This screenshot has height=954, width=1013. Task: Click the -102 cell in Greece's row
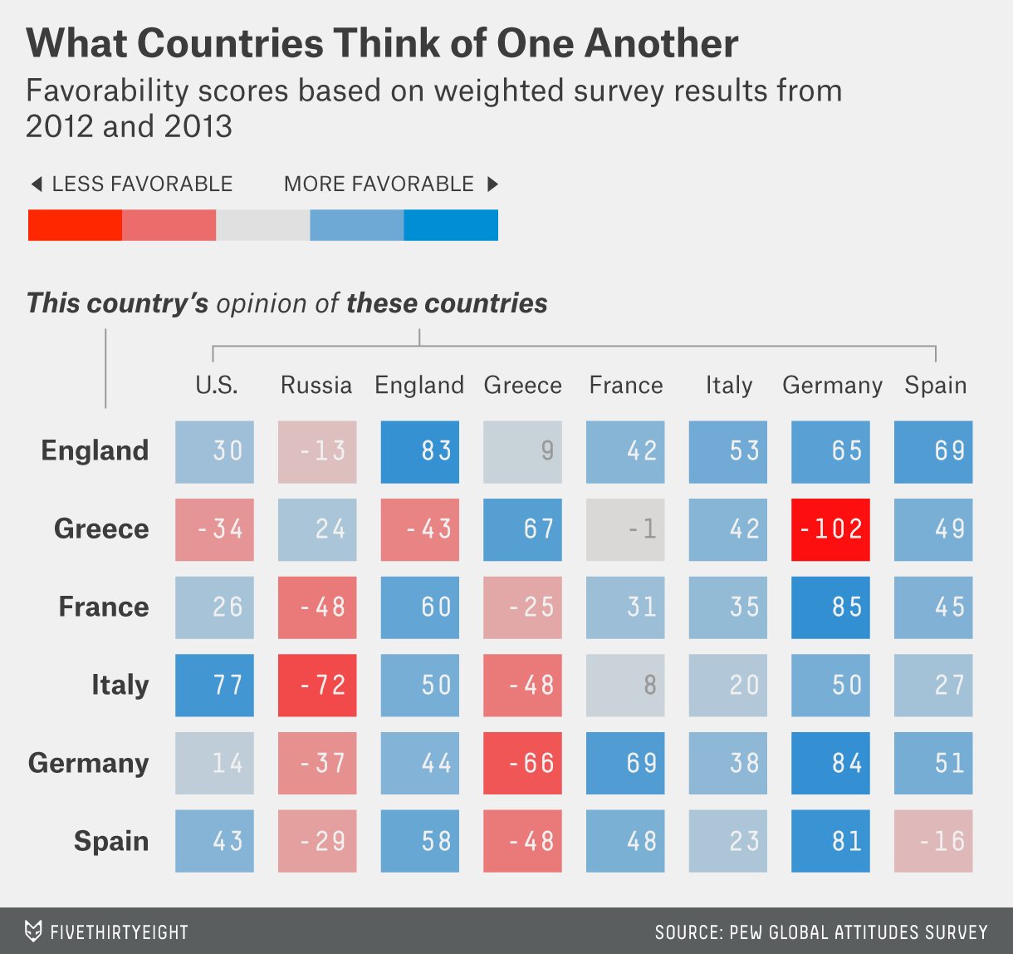[x=830, y=529]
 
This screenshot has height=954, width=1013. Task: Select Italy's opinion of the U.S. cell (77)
[x=214, y=685]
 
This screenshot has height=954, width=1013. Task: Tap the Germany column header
[x=832, y=386]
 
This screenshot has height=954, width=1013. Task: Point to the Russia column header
[x=316, y=386]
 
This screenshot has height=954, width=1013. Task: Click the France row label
[x=104, y=607]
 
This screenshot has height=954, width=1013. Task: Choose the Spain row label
[x=111, y=841]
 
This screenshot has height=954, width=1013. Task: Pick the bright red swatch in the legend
[x=75, y=225]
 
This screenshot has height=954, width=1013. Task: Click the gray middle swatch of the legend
[x=262, y=225]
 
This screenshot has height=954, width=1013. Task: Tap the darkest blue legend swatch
[x=451, y=225]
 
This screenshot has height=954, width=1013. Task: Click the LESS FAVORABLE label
[x=142, y=184]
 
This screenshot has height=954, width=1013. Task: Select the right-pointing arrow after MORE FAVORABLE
[x=492, y=184]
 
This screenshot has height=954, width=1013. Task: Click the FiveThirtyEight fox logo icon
[x=33, y=932]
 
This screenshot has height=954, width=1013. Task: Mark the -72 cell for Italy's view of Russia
[x=317, y=685]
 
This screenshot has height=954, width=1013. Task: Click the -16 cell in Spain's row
[x=933, y=841]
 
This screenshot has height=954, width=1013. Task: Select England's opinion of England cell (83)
[x=420, y=451]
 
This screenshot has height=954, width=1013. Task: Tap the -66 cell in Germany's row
[x=522, y=763]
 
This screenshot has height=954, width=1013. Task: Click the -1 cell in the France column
[x=625, y=529]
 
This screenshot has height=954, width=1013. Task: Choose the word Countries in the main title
[x=233, y=43]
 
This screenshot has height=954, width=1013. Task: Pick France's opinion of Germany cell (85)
[x=830, y=607]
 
